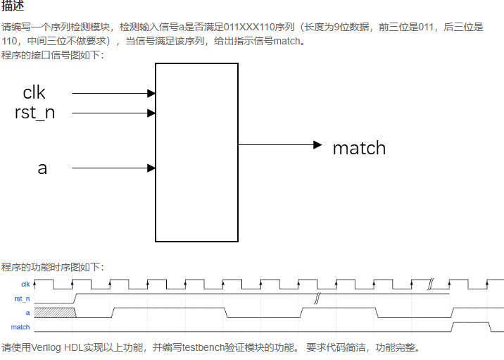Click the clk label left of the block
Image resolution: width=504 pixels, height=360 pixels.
click(34, 92)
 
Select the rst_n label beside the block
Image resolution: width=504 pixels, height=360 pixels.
click(34, 112)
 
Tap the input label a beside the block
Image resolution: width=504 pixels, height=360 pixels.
click(42, 168)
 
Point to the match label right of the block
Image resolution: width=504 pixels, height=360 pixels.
click(359, 148)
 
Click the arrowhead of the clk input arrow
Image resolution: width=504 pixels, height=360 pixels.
click(151, 93)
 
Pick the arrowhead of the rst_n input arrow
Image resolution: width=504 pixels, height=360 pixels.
click(151, 113)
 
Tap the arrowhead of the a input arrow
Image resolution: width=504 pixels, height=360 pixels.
click(151, 168)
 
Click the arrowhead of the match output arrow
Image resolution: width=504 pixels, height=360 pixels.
click(317, 144)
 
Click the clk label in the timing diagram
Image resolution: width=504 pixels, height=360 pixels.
click(25, 285)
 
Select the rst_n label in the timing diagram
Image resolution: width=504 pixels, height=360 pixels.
click(23, 299)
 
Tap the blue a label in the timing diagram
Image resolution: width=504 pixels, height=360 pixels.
click(27, 312)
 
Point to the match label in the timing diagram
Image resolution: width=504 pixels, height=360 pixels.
click(20, 327)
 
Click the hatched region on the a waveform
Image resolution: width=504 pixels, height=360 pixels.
click(54, 312)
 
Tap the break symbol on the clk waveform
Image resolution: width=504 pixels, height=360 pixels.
click(430, 283)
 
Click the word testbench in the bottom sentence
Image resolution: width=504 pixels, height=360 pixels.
click(205, 347)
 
